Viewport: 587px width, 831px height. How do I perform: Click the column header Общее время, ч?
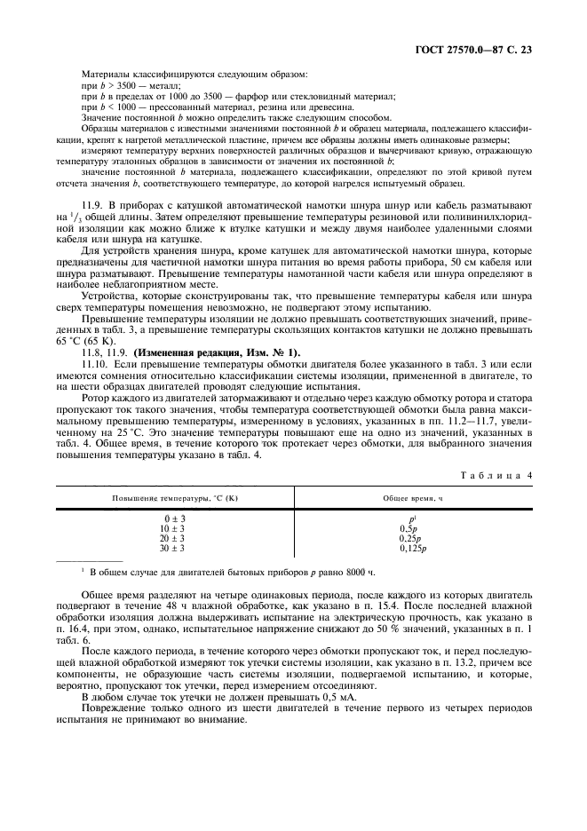[x=412, y=498]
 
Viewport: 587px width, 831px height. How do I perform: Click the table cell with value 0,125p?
[x=412, y=549]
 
